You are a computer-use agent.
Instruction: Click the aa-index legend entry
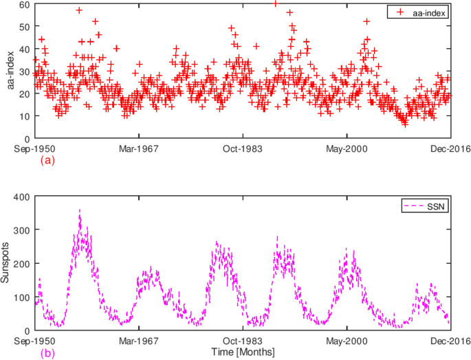421,12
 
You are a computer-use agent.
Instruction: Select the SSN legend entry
425,206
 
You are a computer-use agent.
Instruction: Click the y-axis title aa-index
11,70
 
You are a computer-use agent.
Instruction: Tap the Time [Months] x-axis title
243,352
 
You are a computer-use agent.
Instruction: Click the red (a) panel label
47,160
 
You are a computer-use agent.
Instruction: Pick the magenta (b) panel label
47,353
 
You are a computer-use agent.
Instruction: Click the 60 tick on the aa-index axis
25,4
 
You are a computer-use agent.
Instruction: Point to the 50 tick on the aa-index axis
25,27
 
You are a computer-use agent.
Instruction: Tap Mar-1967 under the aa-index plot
138,148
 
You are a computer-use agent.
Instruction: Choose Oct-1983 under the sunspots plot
243,341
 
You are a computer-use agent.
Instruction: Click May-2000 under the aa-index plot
347,148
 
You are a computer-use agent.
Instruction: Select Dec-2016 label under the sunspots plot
450,341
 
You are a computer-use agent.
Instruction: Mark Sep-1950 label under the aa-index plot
34,148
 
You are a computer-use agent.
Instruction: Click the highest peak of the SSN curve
80,210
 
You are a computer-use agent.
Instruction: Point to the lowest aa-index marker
405,125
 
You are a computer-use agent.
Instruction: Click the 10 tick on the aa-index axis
25,117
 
